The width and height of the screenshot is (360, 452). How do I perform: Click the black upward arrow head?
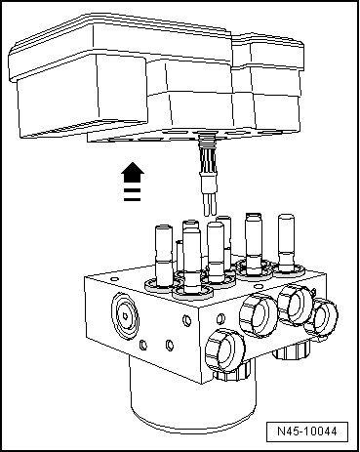pos(127,173)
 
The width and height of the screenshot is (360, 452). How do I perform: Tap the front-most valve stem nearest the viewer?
pos(192,256)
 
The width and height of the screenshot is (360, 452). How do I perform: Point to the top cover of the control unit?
pos(146,49)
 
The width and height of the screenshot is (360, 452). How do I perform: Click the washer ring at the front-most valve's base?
pos(192,288)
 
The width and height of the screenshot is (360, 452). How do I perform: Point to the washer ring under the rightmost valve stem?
pos(287,266)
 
